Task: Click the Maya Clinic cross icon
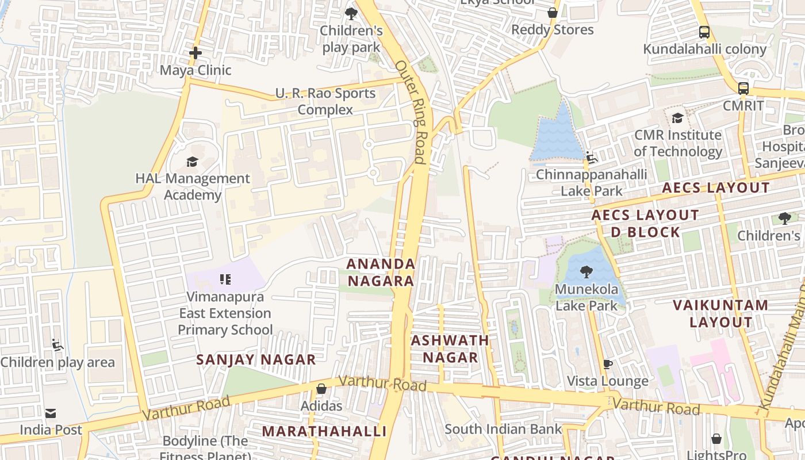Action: click(x=195, y=53)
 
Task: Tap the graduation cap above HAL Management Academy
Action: click(x=192, y=162)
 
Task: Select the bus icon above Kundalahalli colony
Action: click(x=704, y=32)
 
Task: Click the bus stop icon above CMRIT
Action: click(x=743, y=89)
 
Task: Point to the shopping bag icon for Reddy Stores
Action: click(x=553, y=13)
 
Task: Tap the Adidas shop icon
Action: click(x=321, y=389)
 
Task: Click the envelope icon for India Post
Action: click(x=51, y=413)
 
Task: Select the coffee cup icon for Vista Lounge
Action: click(x=607, y=364)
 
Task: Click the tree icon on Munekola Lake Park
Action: click(x=586, y=271)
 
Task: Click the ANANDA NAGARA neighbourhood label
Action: click(x=381, y=272)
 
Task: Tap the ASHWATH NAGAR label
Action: click(x=450, y=348)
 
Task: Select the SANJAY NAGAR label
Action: click(x=256, y=360)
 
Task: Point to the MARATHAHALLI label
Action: click(x=324, y=431)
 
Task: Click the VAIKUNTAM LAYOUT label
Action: click(x=720, y=313)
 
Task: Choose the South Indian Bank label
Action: click(x=503, y=429)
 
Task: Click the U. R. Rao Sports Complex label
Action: click(x=325, y=101)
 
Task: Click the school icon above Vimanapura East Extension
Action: click(x=225, y=280)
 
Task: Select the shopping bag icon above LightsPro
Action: click(x=716, y=439)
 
